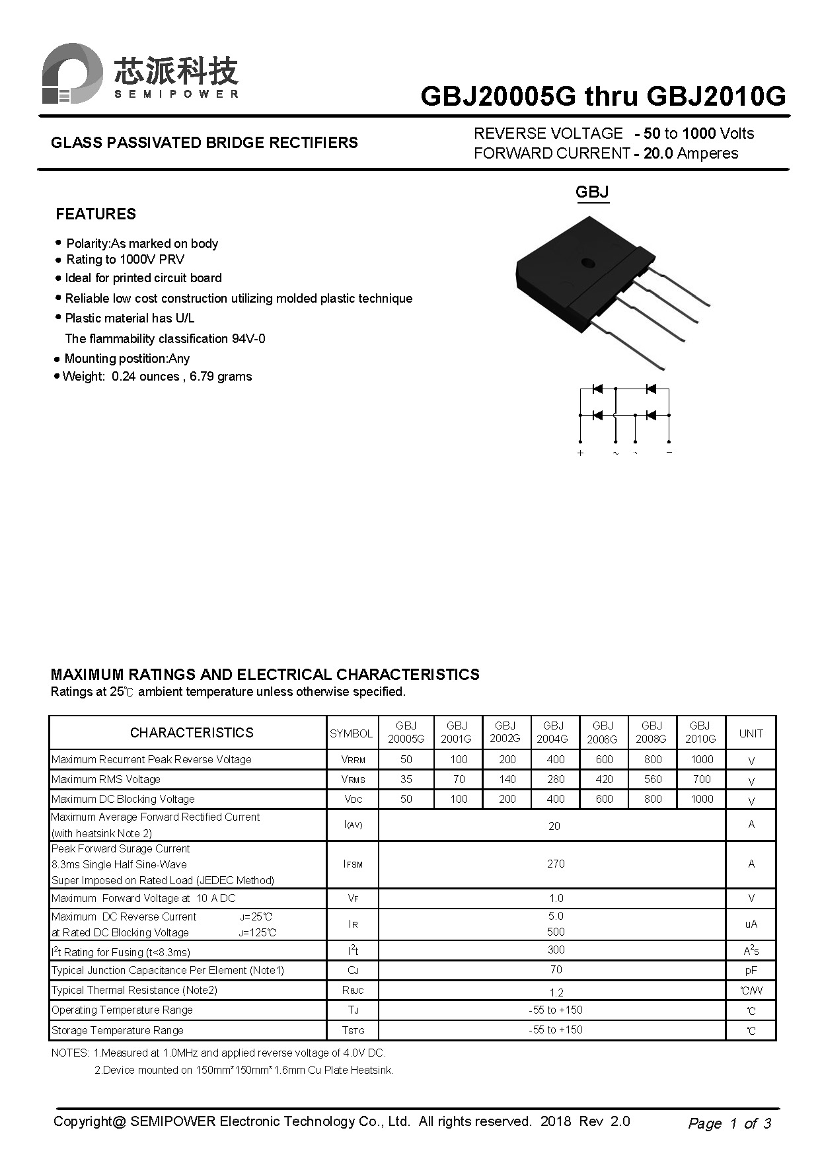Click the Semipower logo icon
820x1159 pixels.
[71, 73]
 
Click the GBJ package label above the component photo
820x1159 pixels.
[591, 192]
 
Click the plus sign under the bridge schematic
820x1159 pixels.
[580, 453]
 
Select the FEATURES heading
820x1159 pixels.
[96, 214]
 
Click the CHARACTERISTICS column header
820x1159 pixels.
[192, 733]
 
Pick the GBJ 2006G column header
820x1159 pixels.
[603, 733]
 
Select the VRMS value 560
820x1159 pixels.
[652, 780]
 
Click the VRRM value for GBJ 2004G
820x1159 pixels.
[555, 760]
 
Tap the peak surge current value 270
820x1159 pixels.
[555, 864]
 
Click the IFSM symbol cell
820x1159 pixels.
[353, 864]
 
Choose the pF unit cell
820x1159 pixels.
[751, 971]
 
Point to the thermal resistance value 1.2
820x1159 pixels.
[556, 992]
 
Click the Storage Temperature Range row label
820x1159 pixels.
[118, 1030]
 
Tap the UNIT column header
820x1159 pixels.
[751, 733]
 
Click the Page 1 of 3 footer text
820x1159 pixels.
[729, 1123]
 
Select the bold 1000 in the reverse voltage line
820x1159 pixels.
[698, 133]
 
